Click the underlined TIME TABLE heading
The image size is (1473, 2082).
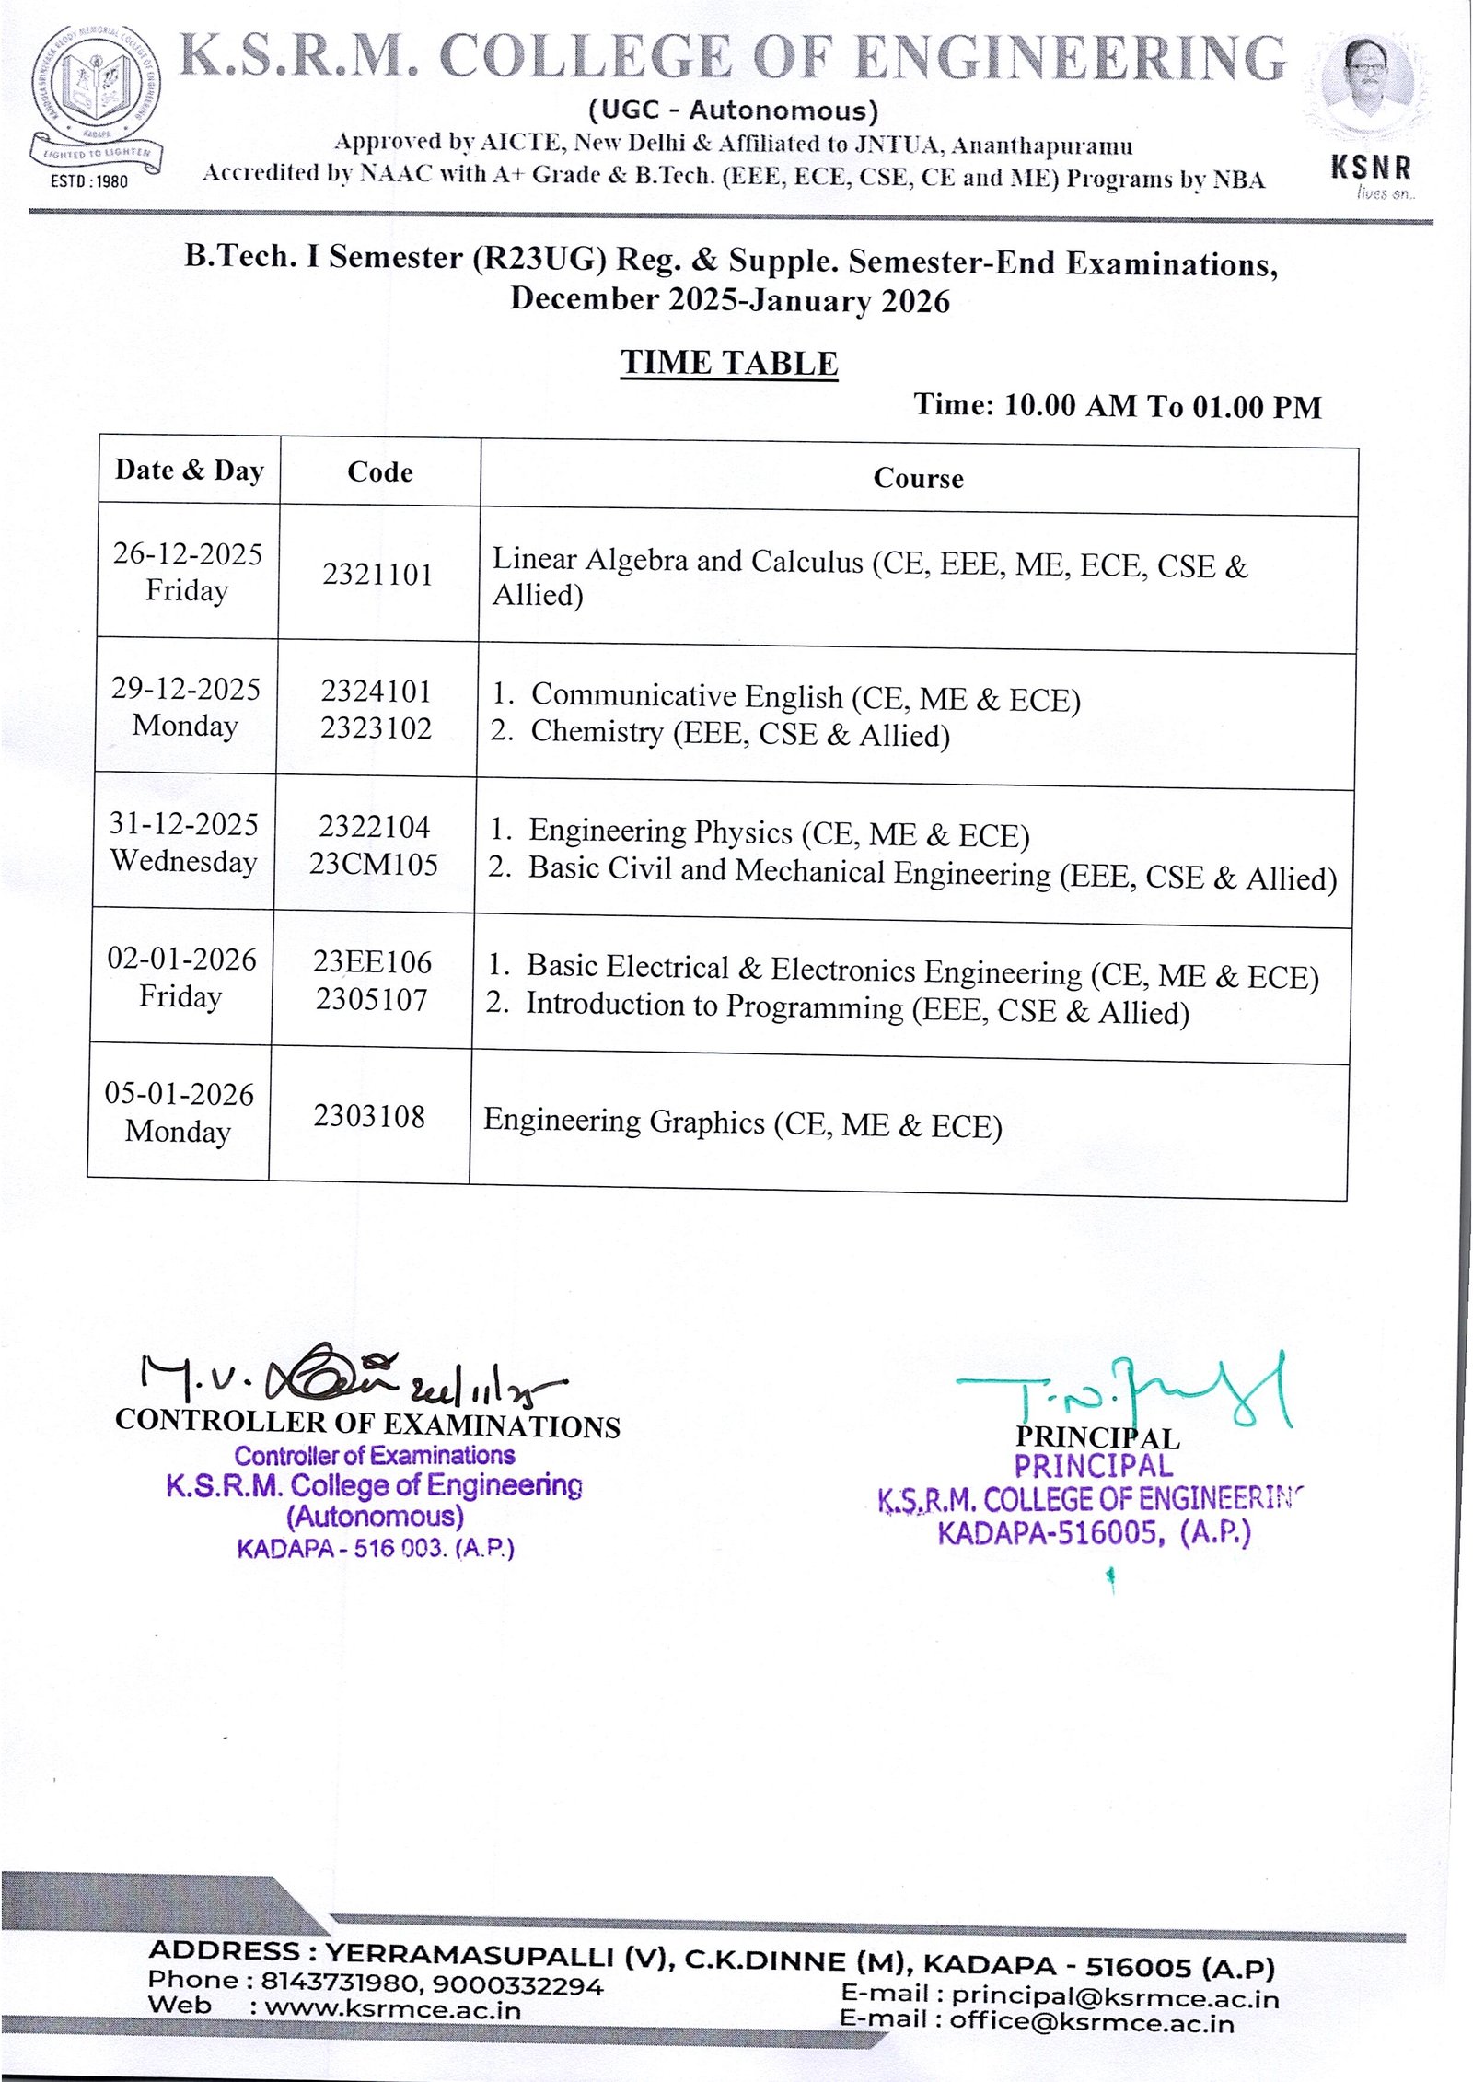(728, 363)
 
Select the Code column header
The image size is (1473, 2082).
(379, 472)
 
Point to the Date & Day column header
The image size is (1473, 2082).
(190, 471)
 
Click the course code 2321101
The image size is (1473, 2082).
(377, 575)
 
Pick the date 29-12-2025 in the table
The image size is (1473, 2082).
(186, 689)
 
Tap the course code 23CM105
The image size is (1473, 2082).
(374, 864)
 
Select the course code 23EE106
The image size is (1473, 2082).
(372, 962)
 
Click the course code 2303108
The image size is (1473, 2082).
(369, 1116)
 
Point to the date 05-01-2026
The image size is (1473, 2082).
(180, 1094)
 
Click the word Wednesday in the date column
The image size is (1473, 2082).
(183, 861)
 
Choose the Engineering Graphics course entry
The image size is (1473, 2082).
(742, 1123)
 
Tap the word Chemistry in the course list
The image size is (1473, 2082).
(597, 732)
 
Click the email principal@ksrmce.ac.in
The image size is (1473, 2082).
(1114, 1997)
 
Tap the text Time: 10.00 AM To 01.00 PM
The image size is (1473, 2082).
(1117, 406)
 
